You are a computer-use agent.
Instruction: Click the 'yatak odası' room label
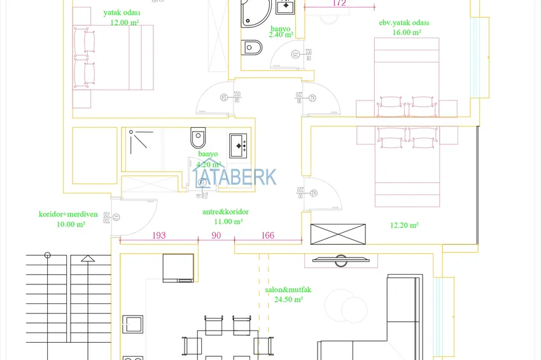[x=122, y=12]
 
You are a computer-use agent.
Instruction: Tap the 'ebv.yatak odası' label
[x=404, y=23]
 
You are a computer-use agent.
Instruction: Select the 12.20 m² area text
[x=404, y=225]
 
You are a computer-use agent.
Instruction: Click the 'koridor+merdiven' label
[x=68, y=214]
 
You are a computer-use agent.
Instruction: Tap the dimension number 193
[x=159, y=236]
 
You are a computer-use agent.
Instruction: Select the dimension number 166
[x=267, y=236]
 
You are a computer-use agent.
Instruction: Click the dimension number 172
[x=339, y=3]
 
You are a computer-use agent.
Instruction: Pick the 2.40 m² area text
[x=281, y=35]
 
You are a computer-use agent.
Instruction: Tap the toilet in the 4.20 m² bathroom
[x=198, y=137]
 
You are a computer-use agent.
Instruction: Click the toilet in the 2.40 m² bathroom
[x=253, y=48]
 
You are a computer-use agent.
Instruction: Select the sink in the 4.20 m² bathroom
[x=239, y=145]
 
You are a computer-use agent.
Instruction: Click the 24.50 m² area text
[x=288, y=299]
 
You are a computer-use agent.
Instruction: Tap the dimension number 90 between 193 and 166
[x=216, y=236]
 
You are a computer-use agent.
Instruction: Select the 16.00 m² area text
[x=407, y=32]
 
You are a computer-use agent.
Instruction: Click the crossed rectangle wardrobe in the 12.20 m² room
[x=338, y=234]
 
